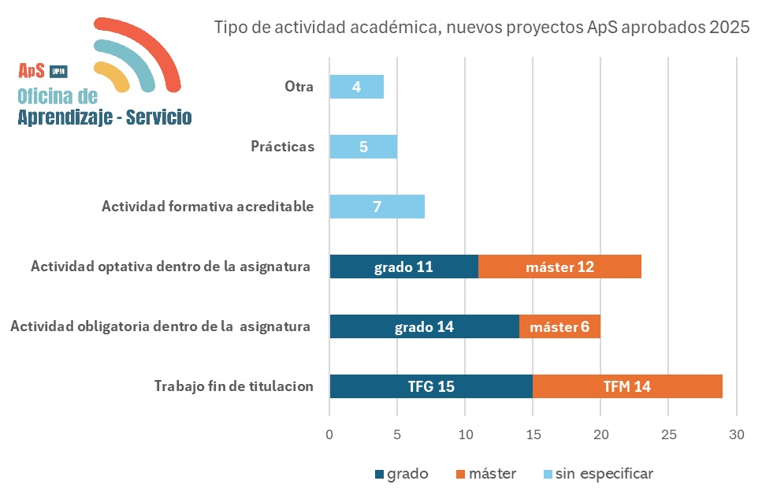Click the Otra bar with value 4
(x=356, y=87)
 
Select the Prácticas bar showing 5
(x=363, y=147)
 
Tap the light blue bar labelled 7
(x=377, y=207)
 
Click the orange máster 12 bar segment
(x=559, y=266)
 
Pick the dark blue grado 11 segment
(x=403, y=266)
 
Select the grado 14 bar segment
(x=424, y=326)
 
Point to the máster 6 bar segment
(x=559, y=326)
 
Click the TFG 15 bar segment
(x=431, y=386)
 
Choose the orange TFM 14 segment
(x=627, y=386)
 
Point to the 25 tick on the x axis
(x=668, y=434)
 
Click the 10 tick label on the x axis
(x=465, y=434)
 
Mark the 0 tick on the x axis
(x=329, y=434)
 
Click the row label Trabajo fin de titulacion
(x=233, y=386)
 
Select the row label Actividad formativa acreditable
(x=207, y=207)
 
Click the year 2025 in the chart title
(x=729, y=28)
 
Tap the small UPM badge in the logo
(x=58, y=71)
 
